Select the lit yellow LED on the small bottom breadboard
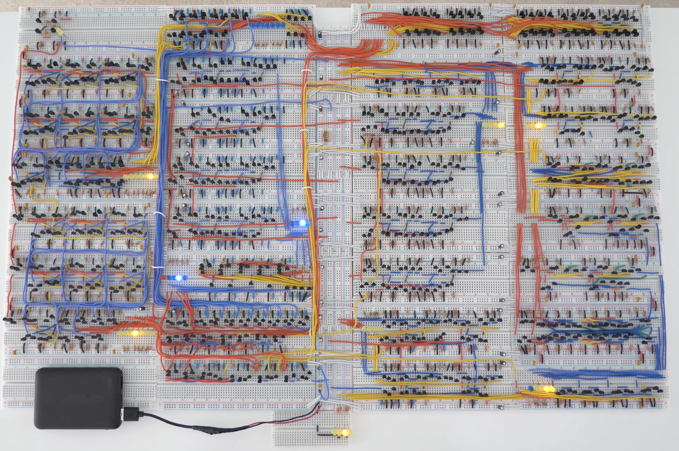345,433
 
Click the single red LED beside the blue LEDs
163,278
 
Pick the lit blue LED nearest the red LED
179,278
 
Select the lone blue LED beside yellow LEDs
531,388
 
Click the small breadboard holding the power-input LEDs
312,430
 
